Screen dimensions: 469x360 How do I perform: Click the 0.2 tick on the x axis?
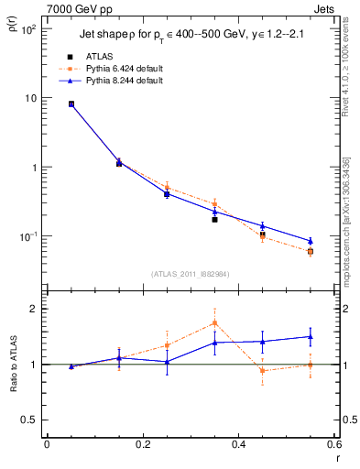(x=143, y=444)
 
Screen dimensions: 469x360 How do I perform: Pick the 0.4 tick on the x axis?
(x=239, y=444)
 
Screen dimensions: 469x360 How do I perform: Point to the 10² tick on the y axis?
(x=28, y=29)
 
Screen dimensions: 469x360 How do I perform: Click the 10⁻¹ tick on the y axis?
(x=28, y=236)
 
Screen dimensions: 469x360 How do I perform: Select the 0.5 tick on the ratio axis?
(x=29, y=420)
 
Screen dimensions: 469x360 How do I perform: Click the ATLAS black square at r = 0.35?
(x=214, y=220)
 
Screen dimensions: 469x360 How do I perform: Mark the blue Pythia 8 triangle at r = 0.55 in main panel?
(x=311, y=241)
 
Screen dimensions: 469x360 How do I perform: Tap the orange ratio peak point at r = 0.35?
(x=214, y=322)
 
